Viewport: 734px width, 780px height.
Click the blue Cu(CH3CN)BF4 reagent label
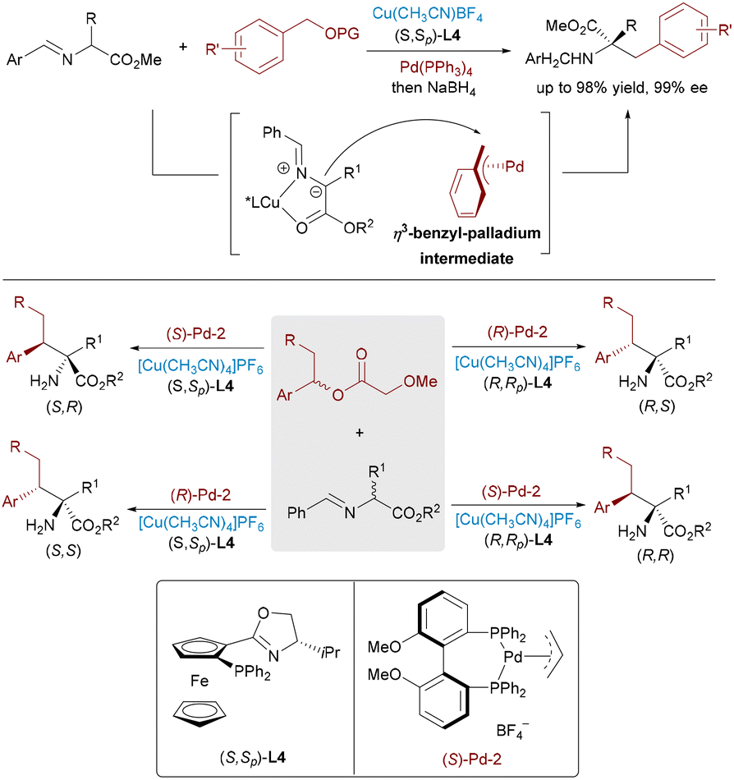coord(427,15)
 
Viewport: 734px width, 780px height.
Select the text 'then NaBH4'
coord(434,88)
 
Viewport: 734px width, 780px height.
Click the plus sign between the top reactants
coord(184,47)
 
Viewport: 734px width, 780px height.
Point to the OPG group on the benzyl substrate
coord(342,34)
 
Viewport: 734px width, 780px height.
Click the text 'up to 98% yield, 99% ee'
coord(622,88)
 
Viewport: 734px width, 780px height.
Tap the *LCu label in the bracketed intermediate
coord(263,202)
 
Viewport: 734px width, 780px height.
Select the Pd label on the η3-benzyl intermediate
coord(515,166)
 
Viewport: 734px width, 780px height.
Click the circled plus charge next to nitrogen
coord(283,168)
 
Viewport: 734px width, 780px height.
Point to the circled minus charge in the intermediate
coord(316,191)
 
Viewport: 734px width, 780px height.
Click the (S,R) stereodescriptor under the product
coord(64,407)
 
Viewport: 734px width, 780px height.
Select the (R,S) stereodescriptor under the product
coord(657,406)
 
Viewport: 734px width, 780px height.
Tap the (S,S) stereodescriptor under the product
coord(63,551)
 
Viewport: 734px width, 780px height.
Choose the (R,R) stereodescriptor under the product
coord(655,555)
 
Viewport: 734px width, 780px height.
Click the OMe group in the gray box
coord(420,382)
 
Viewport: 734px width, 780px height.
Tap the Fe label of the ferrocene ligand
coord(200,681)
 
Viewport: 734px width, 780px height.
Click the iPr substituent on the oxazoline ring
coord(331,652)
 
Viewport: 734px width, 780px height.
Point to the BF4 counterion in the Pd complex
coord(512,730)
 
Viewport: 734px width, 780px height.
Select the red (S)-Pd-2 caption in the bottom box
coord(472,759)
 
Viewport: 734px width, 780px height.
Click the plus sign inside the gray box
coord(360,433)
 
